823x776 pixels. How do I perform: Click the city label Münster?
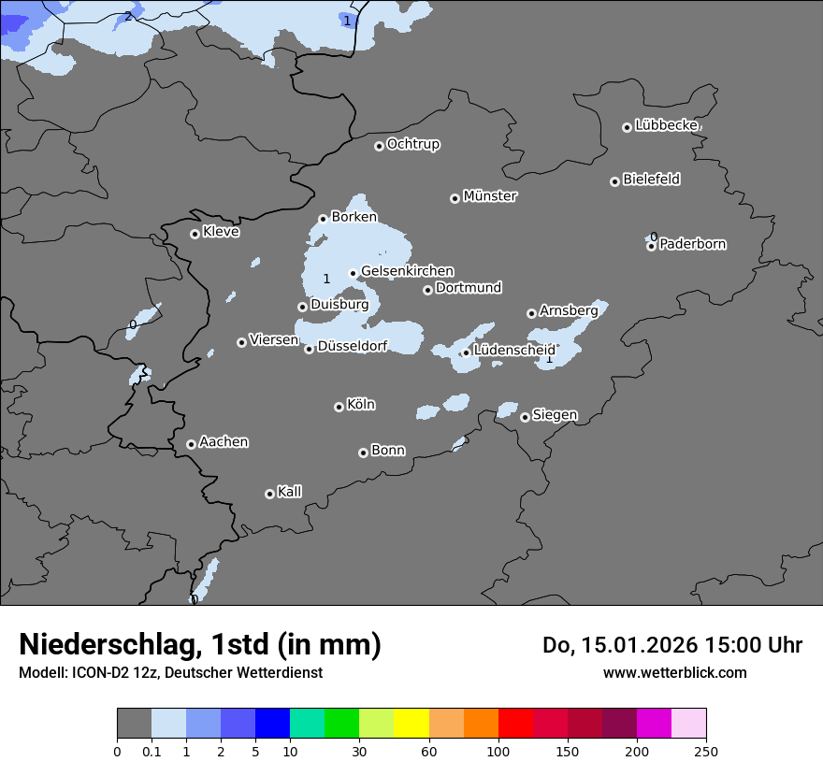coord(489,196)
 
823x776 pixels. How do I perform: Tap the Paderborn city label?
coord(692,244)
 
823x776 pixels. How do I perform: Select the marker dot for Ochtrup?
coord(379,145)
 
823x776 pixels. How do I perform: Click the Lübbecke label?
coord(666,124)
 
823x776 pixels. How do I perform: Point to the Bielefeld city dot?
coord(614,181)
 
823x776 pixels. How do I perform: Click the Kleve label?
coord(221,232)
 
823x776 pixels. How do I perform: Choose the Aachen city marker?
coord(191,444)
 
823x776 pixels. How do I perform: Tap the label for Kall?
coord(289,492)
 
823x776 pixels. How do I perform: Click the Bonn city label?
coord(388,451)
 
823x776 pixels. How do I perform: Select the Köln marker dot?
coord(339,407)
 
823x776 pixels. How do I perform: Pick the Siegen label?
coord(555,415)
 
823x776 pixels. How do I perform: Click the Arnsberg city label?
coord(568,310)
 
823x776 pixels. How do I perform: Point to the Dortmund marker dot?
coord(427,290)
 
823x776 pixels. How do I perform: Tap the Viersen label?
coord(273,340)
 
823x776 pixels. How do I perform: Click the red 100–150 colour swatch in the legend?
coord(515,724)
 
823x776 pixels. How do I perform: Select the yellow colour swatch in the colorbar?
coord(411,724)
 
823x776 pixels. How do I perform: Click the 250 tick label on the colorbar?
coord(706,751)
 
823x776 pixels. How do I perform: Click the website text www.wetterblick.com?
coord(674,672)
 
